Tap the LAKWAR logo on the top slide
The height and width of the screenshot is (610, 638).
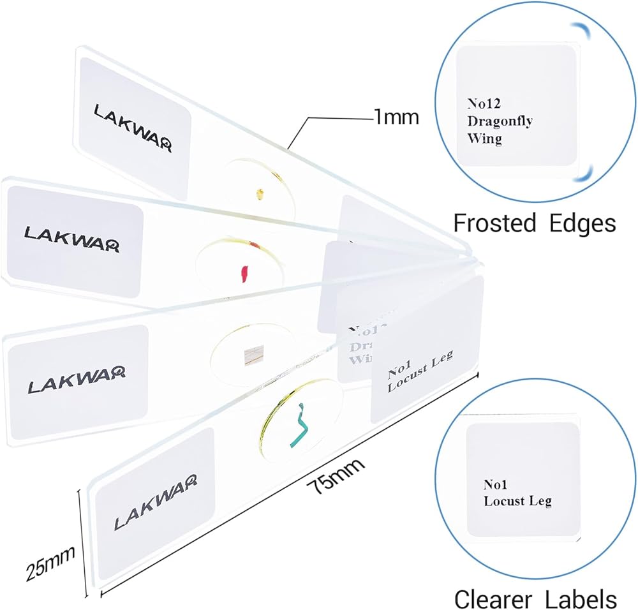[133, 128]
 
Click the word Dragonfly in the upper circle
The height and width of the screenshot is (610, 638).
[500, 121]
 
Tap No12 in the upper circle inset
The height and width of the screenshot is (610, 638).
[481, 102]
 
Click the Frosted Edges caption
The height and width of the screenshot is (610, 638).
[534, 223]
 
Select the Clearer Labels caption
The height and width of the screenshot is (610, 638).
[535, 599]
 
